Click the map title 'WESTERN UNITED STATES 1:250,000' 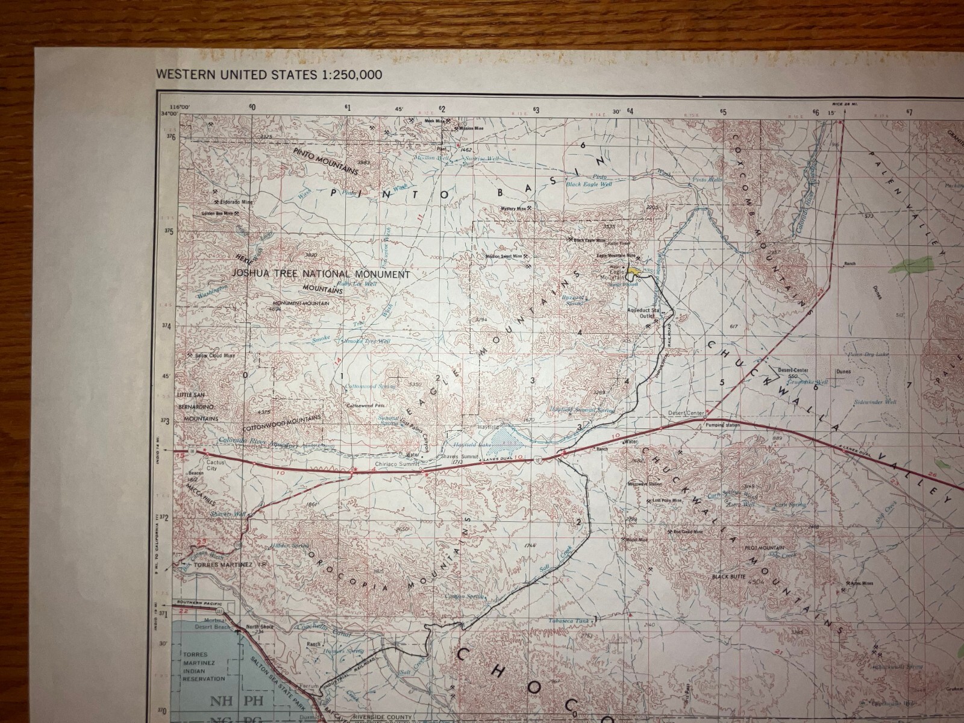point(269,75)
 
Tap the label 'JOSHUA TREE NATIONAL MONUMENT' point(321,274)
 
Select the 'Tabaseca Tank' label point(569,621)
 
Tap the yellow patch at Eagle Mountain point(633,271)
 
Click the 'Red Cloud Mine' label point(687,532)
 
